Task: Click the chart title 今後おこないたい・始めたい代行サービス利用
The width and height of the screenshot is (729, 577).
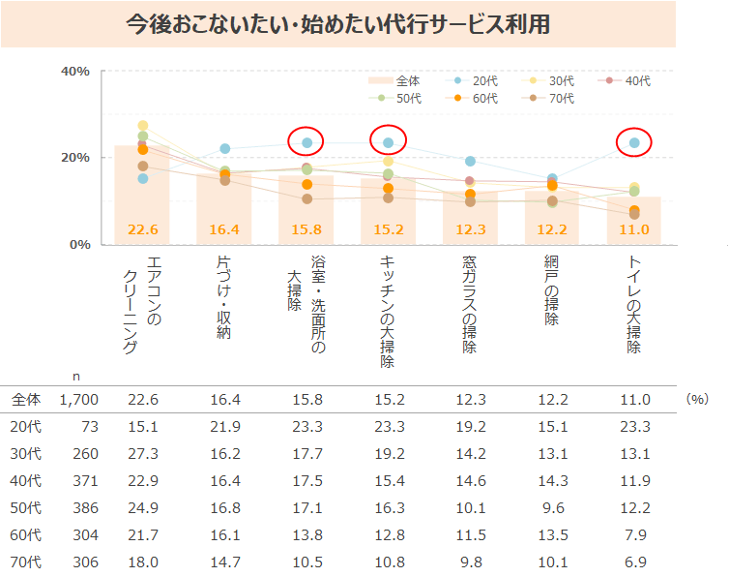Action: coord(337,24)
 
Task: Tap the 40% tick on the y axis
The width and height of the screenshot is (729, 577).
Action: coord(75,72)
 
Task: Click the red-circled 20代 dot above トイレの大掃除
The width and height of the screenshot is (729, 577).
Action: coord(634,143)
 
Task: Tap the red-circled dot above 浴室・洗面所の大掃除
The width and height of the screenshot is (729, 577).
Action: coord(306,143)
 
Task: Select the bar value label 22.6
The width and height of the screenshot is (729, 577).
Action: coord(142,230)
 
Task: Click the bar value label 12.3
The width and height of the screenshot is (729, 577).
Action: coord(470,230)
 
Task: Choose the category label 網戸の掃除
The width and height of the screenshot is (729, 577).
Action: coord(551,290)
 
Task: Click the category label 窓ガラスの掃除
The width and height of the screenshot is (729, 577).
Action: coord(470,304)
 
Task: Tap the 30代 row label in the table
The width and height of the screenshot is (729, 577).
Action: coord(27,453)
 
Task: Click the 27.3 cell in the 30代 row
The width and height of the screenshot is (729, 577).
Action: coord(142,453)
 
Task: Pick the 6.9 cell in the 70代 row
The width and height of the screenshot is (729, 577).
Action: coord(634,561)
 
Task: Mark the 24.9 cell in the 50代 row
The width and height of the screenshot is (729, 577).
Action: coord(142,507)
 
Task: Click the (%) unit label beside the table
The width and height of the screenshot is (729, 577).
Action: coord(695,398)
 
